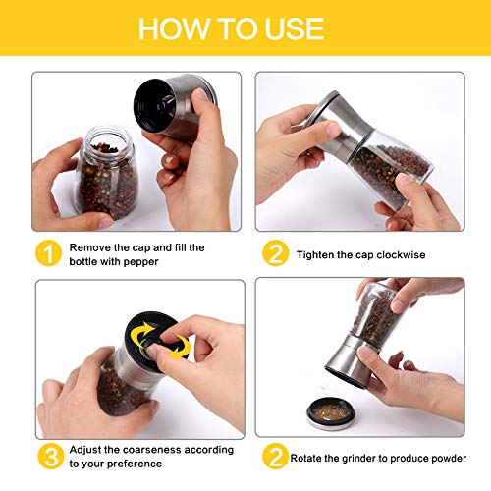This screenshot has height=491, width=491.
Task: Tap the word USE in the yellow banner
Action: [295, 28]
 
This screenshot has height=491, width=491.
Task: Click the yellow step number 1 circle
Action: [48, 253]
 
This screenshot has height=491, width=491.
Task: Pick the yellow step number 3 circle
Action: [51, 456]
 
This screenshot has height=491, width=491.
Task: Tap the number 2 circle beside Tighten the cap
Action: [275, 253]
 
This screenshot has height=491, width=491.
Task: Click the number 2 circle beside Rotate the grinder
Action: [275, 456]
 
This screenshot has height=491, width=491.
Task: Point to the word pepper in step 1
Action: [141, 262]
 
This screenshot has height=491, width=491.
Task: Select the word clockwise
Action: [401, 254]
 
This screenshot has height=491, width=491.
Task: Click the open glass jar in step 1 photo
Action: [107, 173]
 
